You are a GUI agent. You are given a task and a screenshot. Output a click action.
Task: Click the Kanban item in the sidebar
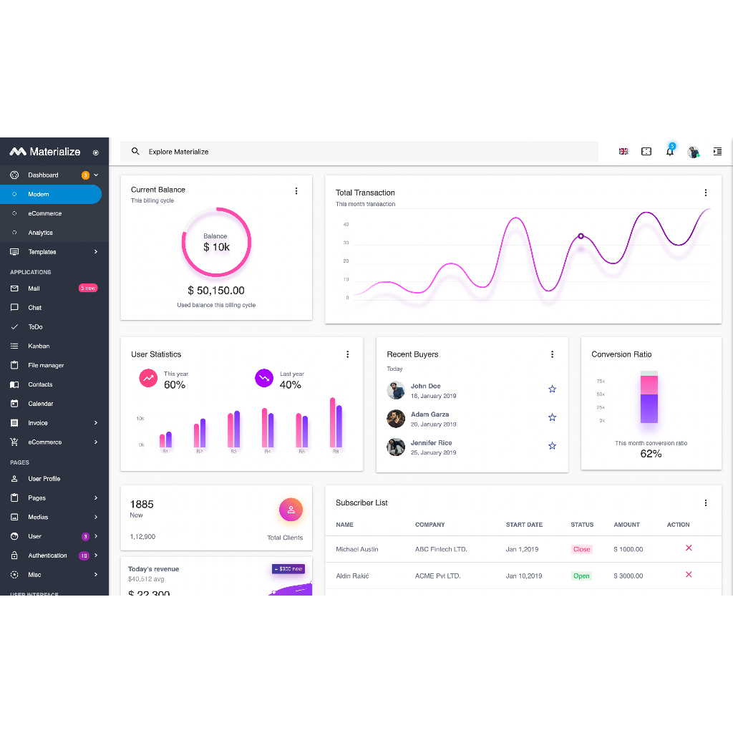click(39, 346)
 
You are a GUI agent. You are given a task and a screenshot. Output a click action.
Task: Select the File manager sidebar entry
click(46, 365)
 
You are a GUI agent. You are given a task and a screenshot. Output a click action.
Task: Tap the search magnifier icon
click(135, 152)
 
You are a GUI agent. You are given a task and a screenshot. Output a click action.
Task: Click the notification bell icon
click(670, 152)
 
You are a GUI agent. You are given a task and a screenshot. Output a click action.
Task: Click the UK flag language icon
click(623, 152)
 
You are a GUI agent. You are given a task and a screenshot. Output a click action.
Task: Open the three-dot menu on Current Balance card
click(296, 191)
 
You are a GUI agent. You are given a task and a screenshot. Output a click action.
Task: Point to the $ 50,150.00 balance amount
click(216, 291)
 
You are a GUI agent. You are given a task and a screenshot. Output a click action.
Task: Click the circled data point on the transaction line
click(581, 236)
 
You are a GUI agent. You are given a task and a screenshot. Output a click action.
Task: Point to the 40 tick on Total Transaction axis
click(346, 225)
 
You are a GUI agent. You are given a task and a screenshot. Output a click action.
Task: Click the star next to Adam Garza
click(552, 417)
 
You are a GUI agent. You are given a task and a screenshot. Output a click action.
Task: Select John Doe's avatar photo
click(396, 390)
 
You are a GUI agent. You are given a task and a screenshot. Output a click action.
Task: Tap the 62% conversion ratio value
click(651, 454)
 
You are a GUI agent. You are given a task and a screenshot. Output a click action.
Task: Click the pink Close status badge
click(581, 549)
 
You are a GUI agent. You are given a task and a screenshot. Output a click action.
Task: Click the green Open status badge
click(581, 576)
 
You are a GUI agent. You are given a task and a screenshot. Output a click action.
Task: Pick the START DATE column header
click(524, 525)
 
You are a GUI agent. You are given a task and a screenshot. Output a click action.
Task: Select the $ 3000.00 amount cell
click(628, 576)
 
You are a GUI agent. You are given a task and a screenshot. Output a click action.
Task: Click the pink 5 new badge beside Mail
click(87, 288)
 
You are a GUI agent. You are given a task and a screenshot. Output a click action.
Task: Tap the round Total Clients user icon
click(291, 510)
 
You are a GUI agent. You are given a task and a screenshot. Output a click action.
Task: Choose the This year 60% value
click(175, 385)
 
